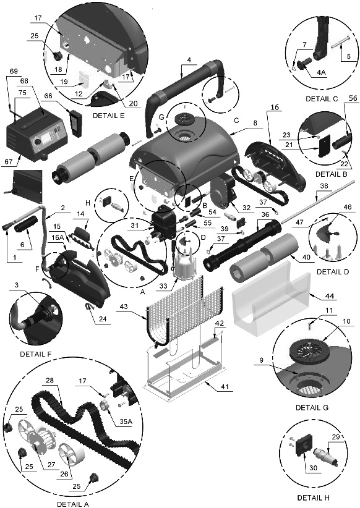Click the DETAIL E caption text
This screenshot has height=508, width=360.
point(108,116)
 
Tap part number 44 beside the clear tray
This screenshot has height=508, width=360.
point(329,296)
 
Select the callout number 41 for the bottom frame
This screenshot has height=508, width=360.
point(225,386)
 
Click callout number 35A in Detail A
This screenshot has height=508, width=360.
point(123,422)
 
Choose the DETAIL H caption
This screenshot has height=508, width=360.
point(313,497)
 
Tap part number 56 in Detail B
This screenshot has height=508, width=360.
point(352,98)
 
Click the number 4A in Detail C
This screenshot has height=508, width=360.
point(321,72)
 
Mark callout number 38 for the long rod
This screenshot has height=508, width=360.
point(324,186)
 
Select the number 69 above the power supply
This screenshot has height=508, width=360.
point(14,71)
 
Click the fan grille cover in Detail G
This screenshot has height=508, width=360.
point(305,349)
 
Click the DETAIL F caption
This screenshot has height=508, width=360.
point(36,354)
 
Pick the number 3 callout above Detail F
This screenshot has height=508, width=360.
point(16,284)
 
